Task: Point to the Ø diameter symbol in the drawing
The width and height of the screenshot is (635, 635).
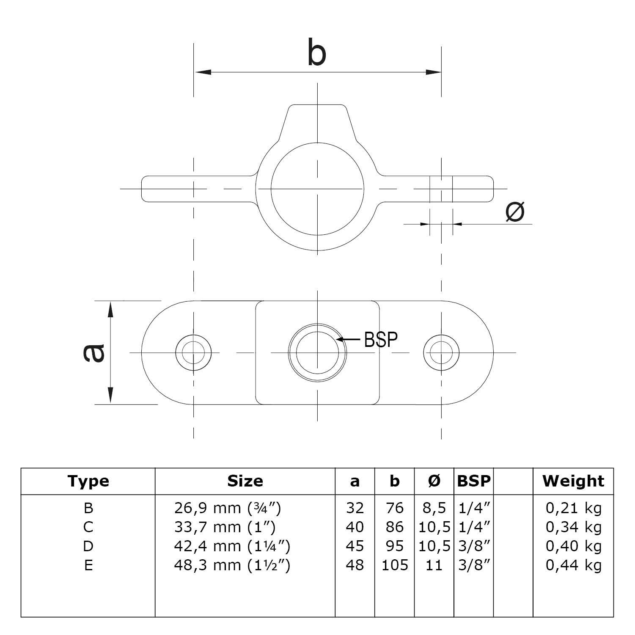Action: click(x=515, y=211)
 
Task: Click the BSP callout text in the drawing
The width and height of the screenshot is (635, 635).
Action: click(x=381, y=339)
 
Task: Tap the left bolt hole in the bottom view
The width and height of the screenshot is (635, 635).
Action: click(x=193, y=352)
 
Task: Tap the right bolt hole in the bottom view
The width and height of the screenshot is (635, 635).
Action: click(x=441, y=352)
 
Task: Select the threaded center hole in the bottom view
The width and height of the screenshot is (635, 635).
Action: click(x=317, y=352)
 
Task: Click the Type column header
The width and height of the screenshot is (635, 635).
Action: click(x=88, y=481)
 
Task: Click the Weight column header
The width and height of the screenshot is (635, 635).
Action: click(x=573, y=481)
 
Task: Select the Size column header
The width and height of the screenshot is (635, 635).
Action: click(x=245, y=481)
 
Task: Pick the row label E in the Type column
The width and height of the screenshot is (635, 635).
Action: click(x=88, y=565)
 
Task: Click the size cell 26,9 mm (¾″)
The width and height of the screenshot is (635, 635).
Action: click(x=228, y=508)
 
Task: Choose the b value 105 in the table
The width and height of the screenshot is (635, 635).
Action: click(x=395, y=565)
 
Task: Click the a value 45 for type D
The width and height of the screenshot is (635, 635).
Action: click(x=355, y=546)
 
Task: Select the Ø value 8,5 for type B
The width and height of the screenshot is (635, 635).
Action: click(x=434, y=508)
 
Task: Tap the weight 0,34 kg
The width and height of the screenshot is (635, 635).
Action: click(x=573, y=527)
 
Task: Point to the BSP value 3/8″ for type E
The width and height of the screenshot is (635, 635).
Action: click(x=474, y=565)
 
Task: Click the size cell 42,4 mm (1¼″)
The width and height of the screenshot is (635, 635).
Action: click(x=232, y=546)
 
